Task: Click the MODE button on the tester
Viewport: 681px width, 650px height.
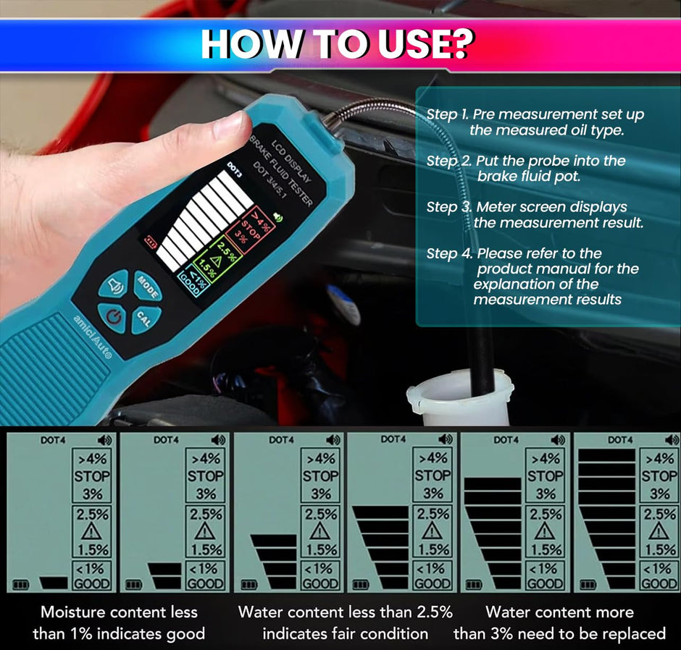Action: pos(147,285)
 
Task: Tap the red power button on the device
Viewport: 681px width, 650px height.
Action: pos(113,318)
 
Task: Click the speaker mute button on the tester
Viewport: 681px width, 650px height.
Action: pos(114,284)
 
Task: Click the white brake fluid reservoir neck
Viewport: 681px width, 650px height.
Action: pos(459,397)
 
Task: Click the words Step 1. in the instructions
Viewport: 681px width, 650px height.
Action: pos(447,114)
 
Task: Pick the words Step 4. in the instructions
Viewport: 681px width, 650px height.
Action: pos(449,253)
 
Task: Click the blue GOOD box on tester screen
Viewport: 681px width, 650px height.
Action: pos(193,282)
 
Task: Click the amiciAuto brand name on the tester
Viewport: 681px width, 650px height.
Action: pos(92,337)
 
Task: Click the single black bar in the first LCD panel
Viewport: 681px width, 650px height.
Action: pos(54,583)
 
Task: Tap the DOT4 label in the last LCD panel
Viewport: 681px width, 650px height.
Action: pos(619,440)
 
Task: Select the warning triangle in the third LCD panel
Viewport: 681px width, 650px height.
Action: pos(319,531)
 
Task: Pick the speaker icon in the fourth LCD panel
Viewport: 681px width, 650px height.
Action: pos(446,439)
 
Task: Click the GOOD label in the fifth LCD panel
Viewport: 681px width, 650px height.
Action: pos(546,583)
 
